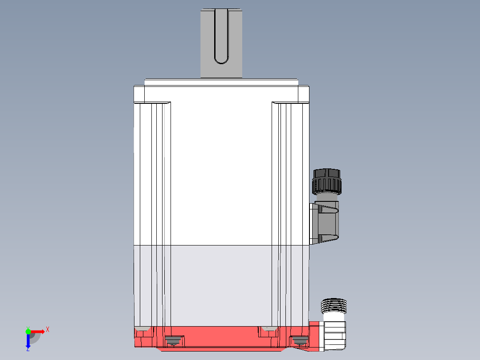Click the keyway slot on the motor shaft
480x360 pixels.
(x=221, y=36)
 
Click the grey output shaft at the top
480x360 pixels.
(x=221, y=43)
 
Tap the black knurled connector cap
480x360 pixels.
(x=327, y=181)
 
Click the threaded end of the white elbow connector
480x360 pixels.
(x=334, y=306)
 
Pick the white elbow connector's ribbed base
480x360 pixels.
(x=335, y=336)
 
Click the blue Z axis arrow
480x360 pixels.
(x=28, y=340)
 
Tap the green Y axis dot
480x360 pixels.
(x=28, y=331)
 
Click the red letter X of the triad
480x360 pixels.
(x=48, y=330)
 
